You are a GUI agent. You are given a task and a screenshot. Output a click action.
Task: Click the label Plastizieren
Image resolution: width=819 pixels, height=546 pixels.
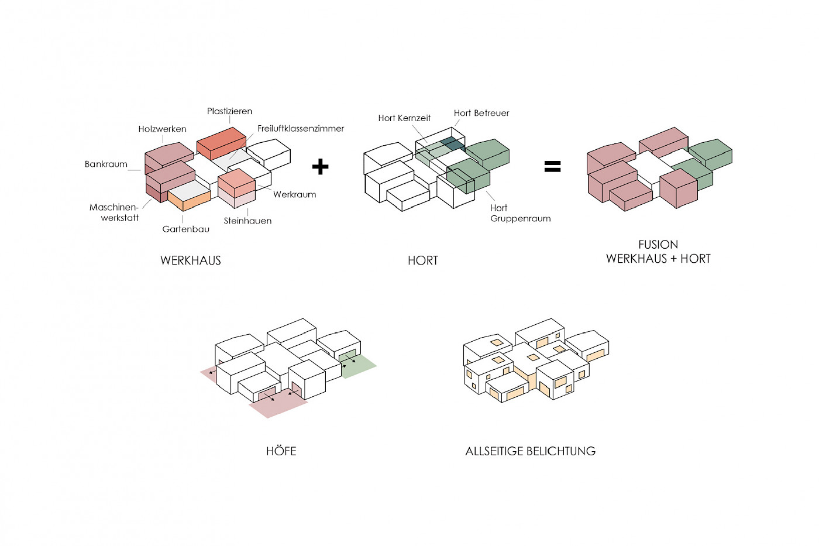[x=229, y=111]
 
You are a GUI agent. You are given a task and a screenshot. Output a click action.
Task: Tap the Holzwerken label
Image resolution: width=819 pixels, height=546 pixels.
[x=162, y=129]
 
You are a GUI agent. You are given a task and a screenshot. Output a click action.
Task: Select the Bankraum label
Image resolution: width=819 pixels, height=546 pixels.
[x=106, y=164]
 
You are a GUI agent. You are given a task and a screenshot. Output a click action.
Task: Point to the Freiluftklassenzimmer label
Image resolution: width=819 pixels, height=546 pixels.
[x=301, y=128]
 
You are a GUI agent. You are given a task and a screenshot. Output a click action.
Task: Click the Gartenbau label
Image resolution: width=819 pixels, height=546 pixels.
[x=185, y=229]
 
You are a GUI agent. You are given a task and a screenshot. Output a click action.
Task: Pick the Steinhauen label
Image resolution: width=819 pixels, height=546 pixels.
[x=247, y=221]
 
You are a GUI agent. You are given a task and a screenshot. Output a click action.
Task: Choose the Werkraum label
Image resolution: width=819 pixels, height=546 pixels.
[x=294, y=194]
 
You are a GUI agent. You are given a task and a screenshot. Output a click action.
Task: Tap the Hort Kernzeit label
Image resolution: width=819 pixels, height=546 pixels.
[x=404, y=118]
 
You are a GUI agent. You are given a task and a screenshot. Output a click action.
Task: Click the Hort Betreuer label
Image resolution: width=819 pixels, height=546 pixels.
[x=481, y=113]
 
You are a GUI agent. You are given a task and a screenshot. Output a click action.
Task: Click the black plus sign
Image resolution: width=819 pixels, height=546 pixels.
[x=320, y=167]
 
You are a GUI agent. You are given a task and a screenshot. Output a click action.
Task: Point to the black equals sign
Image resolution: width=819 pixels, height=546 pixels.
[x=552, y=167]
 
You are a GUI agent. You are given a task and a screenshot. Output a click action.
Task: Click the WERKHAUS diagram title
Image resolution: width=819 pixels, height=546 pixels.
[x=191, y=260]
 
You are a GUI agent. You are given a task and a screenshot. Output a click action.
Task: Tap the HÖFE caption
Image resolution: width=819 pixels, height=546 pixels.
[x=281, y=451]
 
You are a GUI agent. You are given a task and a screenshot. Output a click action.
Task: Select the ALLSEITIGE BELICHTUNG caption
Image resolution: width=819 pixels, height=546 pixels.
[x=530, y=451]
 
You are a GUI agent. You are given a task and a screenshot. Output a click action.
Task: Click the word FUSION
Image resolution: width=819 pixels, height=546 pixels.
[x=658, y=245]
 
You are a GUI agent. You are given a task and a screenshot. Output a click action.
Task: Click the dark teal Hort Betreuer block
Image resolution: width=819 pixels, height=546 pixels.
[x=452, y=143]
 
